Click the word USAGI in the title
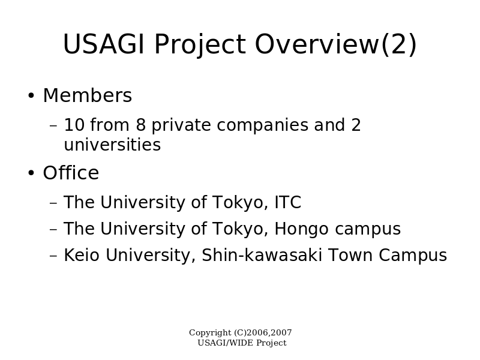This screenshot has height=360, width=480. click(x=103, y=44)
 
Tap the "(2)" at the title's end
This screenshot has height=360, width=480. click(x=399, y=44)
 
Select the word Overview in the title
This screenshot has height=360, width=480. click(x=317, y=44)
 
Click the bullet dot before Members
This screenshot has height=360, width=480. click(x=31, y=95)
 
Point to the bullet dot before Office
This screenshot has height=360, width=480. click(x=31, y=173)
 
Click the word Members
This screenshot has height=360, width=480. click(x=88, y=95)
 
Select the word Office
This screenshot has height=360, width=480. click(x=71, y=173)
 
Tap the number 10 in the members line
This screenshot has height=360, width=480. click(x=74, y=125)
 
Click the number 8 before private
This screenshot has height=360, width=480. click(x=140, y=125)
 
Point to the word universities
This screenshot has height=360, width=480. click(x=112, y=145)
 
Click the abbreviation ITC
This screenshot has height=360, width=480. click(x=288, y=202)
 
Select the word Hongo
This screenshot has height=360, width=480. click(x=302, y=229)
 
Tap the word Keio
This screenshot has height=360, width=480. click(x=82, y=255)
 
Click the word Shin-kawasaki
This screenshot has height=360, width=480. click(x=262, y=255)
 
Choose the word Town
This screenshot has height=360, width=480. click(x=350, y=255)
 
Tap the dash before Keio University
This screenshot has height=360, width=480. click(x=53, y=256)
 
